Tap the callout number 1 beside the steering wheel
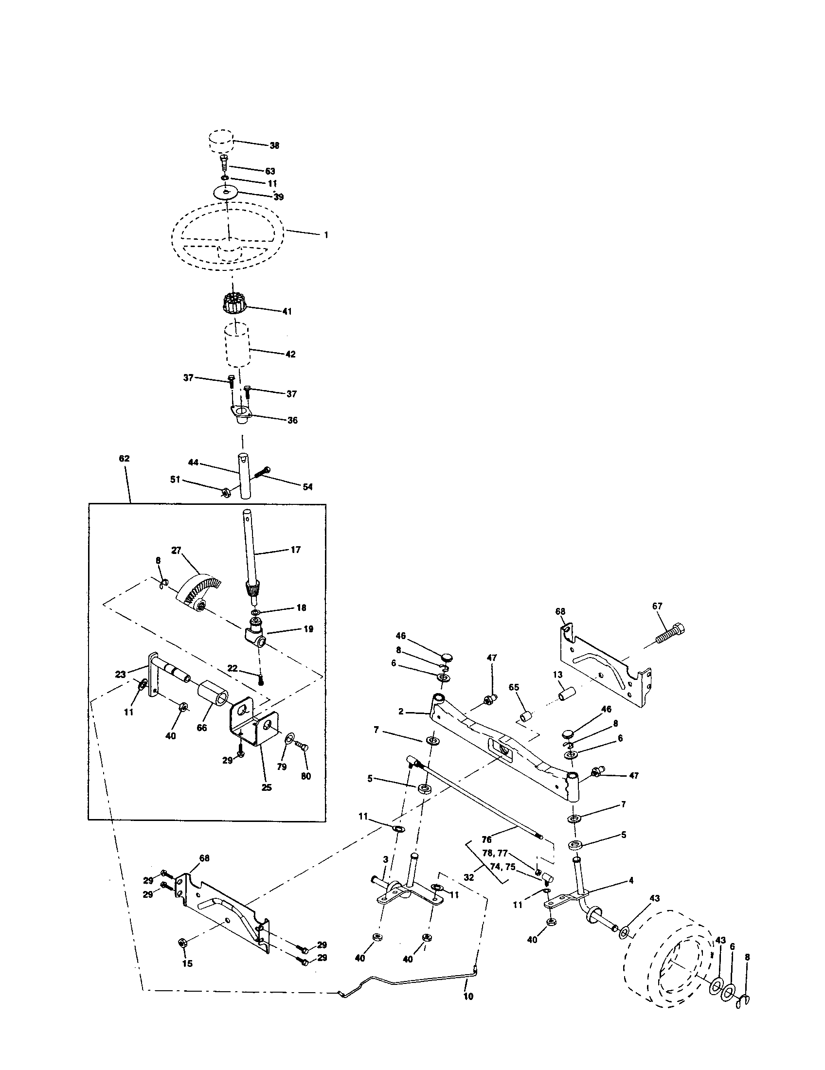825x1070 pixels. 326,235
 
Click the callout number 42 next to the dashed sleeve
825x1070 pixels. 290,354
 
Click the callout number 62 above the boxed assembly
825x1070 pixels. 124,459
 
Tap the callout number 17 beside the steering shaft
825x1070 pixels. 295,550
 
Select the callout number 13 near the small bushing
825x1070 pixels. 557,675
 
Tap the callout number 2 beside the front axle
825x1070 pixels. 401,712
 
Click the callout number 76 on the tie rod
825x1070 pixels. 486,839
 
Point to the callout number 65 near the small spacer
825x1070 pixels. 514,687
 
